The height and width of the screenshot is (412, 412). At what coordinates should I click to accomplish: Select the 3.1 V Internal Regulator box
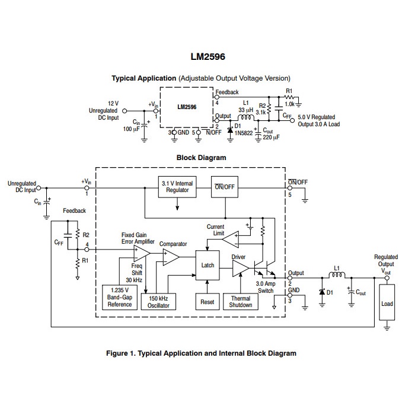coord(178,187)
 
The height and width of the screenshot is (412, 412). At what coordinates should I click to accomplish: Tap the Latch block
coord(207,265)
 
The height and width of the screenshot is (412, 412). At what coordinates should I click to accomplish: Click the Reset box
coord(207,301)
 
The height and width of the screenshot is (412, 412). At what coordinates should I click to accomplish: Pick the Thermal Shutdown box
coord(240,301)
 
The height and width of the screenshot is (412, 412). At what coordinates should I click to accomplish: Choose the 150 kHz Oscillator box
coord(158,301)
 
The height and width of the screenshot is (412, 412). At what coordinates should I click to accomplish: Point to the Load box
coord(387,304)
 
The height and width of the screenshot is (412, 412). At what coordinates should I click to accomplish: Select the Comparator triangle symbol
coord(170,256)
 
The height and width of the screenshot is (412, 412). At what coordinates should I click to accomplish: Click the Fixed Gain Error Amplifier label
coord(138,238)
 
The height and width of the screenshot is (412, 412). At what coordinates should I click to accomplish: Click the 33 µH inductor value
coord(246,110)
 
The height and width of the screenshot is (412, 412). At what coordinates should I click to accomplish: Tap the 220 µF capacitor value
coord(270,138)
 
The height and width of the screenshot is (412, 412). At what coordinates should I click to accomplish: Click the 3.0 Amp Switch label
coord(266,288)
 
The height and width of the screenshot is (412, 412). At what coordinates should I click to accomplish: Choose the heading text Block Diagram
coord(201,158)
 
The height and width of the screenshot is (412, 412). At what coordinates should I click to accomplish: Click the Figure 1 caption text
coord(201,353)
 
